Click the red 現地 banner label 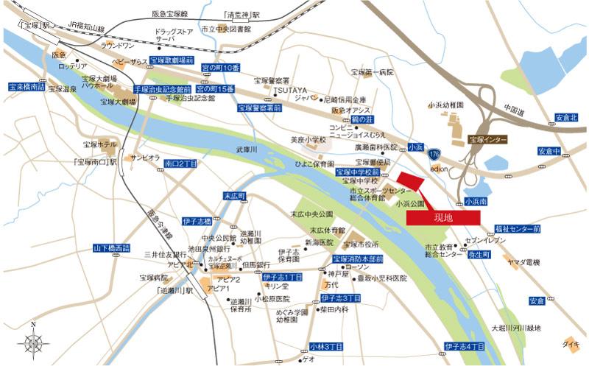click(443, 217)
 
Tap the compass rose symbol click(34, 342)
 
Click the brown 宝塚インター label click(484, 140)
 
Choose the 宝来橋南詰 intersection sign click(27, 86)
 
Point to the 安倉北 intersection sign click(567, 117)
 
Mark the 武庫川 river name click(247, 149)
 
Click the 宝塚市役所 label click(361, 244)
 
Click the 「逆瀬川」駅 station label click(174, 291)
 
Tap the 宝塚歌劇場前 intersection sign click(172, 60)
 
